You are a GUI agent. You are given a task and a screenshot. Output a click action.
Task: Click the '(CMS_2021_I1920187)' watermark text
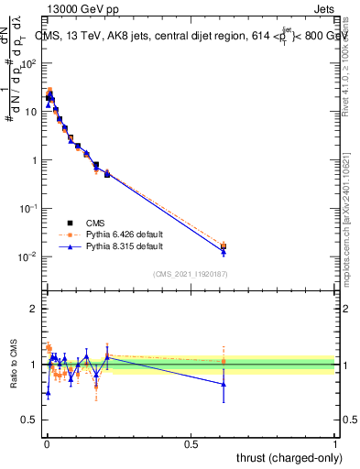click(x=191, y=274)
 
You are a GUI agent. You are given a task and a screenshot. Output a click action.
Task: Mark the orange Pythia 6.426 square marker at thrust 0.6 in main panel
click(x=224, y=245)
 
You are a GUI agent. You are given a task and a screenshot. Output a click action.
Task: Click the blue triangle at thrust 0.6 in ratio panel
click(x=224, y=384)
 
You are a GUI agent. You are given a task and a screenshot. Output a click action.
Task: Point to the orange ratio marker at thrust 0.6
click(x=224, y=361)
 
